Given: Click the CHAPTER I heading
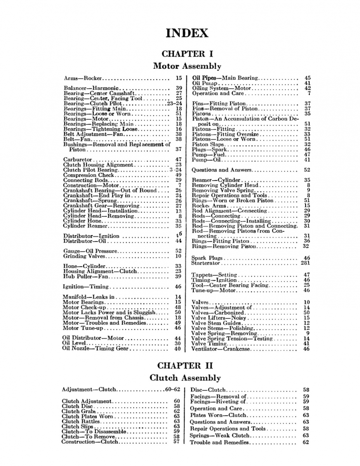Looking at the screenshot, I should (187, 54).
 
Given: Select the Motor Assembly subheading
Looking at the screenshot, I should (187, 66).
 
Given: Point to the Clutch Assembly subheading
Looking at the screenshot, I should (185, 378).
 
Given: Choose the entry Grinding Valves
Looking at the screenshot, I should (84, 256).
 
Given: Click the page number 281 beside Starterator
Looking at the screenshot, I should (305, 263).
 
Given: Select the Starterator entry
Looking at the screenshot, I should (206, 263).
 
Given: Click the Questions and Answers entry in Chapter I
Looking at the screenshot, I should (222, 170).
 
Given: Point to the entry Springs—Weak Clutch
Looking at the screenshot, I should (219, 436).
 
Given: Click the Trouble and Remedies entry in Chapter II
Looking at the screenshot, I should (219, 443).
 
